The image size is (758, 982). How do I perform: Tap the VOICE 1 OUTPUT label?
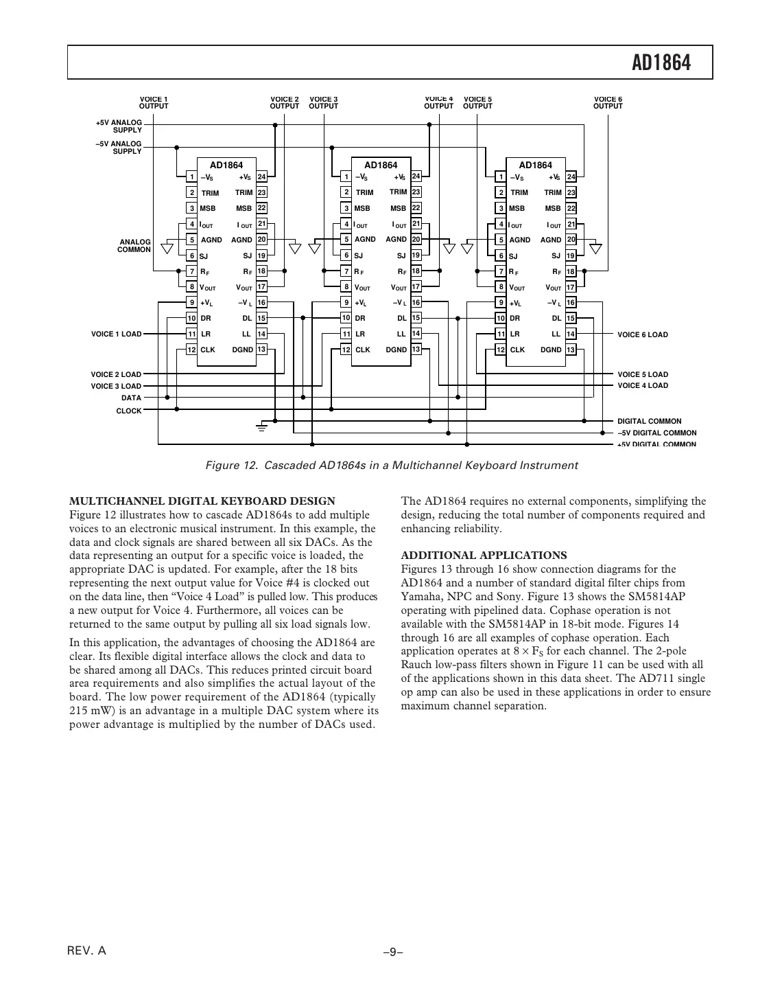click(x=154, y=103)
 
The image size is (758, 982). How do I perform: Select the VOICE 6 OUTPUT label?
click(x=608, y=103)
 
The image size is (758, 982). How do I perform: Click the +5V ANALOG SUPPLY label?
click(x=119, y=126)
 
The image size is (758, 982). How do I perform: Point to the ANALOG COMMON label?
click(x=135, y=246)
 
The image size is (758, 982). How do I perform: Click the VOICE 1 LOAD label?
click(x=116, y=334)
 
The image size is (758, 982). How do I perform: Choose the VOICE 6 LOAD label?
click(x=642, y=335)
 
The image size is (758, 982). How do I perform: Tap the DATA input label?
click(x=131, y=398)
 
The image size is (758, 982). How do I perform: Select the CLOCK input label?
click(x=129, y=411)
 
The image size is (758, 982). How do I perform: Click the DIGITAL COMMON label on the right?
click(x=649, y=421)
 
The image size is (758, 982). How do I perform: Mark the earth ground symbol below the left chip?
click(x=261, y=427)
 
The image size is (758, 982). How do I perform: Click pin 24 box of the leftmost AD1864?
click(x=261, y=177)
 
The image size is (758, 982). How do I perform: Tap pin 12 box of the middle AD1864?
click(x=346, y=350)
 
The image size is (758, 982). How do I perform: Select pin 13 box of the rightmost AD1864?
click(x=571, y=350)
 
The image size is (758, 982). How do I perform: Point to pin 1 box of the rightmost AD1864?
click(x=501, y=177)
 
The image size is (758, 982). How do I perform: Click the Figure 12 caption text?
click(x=392, y=466)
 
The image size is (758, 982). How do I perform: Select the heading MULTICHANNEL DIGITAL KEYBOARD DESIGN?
click(x=202, y=501)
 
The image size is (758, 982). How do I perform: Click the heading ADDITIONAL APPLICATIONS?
click(x=484, y=556)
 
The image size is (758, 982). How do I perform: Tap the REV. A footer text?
click(x=86, y=951)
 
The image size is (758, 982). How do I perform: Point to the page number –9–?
click(x=392, y=952)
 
